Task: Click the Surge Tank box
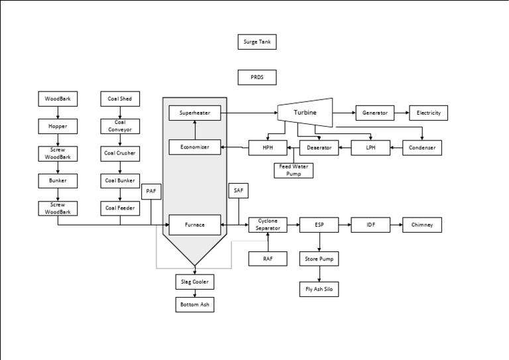(x=256, y=42)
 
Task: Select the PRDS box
(x=256, y=78)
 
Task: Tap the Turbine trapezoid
(x=305, y=113)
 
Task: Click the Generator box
(x=375, y=113)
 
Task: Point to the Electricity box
(x=428, y=113)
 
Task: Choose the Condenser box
(x=422, y=148)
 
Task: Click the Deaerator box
(x=319, y=148)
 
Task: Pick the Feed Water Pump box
(x=294, y=170)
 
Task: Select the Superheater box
(x=194, y=113)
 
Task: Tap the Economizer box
(x=194, y=147)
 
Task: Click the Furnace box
(x=194, y=225)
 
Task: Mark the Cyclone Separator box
(x=268, y=225)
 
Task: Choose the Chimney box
(x=422, y=225)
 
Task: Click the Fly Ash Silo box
(x=319, y=289)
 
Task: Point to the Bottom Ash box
(x=195, y=305)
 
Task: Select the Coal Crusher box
(x=120, y=153)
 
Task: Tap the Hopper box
(x=58, y=126)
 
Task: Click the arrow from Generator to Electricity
(x=402, y=113)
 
